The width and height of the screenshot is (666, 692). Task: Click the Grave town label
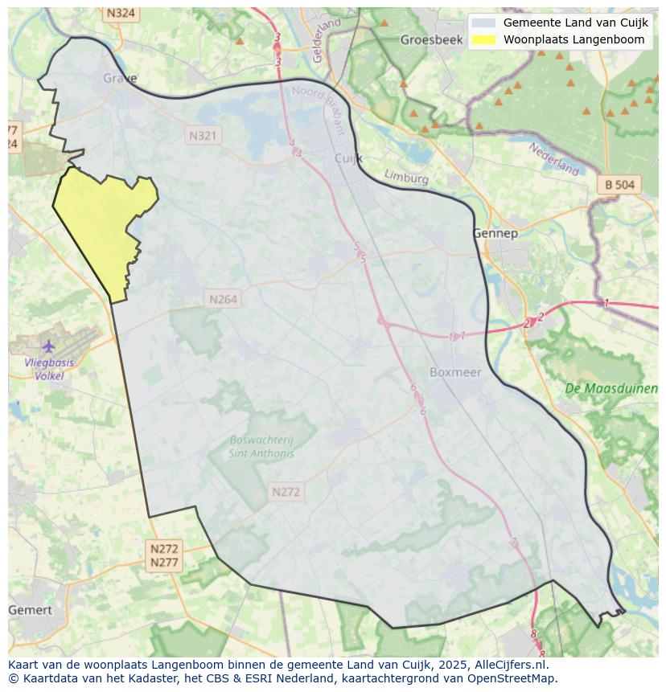(x=120, y=78)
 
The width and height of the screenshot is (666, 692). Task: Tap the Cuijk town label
(x=348, y=158)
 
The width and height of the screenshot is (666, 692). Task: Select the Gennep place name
(x=495, y=233)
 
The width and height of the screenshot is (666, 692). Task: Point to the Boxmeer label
(x=455, y=372)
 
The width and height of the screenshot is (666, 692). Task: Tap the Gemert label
(x=30, y=610)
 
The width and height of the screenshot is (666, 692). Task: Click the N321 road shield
(x=203, y=136)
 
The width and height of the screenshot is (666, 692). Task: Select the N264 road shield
(x=224, y=299)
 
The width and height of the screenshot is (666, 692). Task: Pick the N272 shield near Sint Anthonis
(x=286, y=492)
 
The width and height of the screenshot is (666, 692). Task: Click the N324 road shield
(x=121, y=14)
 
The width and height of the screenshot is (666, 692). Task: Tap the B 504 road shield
(x=619, y=185)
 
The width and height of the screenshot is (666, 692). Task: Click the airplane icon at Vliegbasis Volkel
(x=49, y=346)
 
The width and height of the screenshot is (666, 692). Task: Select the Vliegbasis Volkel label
(x=49, y=369)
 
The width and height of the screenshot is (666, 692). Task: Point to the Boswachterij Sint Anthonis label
(x=261, y=447)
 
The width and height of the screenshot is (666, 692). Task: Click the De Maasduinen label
(x=611, y=388)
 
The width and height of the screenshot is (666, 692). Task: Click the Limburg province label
(x=406, y=177)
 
